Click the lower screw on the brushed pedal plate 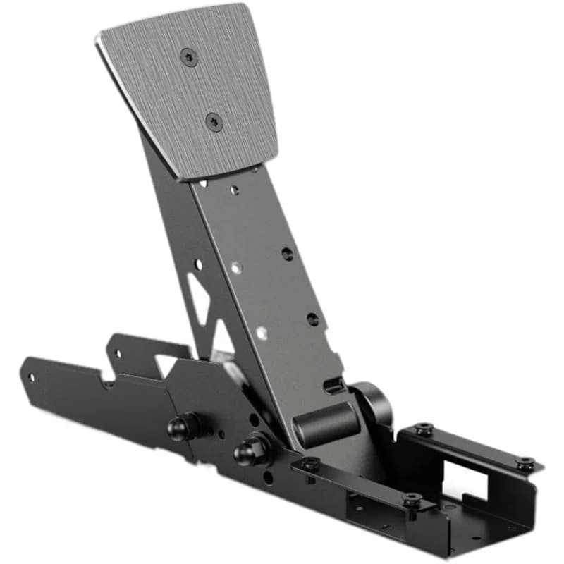click(214, 122)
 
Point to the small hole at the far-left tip click(30, 376)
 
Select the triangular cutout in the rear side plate click(167, 364)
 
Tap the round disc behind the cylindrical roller click(374, 402)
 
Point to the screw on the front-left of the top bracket click(309, 463)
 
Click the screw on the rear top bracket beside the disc click(424, 428)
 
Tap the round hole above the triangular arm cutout click(198, 264)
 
